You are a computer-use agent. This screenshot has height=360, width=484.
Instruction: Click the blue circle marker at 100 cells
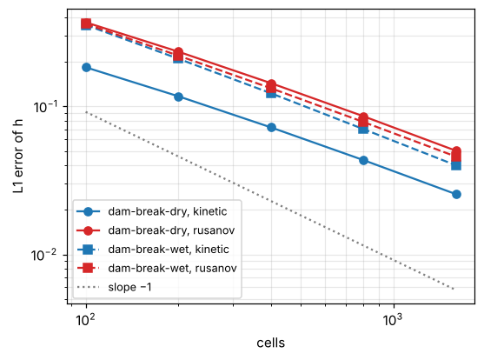click(x=86, y=67)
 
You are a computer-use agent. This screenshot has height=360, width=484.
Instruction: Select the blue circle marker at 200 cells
click(x=178, y=97)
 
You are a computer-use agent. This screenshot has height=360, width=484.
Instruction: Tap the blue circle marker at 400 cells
click(x=271, y=127)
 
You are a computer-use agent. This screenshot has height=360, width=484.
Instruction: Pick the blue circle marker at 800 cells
click(x=363, y=160)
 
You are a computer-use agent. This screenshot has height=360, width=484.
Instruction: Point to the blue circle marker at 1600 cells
click(x=456, y=195)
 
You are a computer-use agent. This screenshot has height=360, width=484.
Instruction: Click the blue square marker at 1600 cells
click(x=456, y=165)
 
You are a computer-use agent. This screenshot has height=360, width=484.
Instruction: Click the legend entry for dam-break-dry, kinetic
click(x=168, y=211)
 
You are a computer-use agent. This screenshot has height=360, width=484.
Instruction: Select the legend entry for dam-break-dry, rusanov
click(x=171, y=230)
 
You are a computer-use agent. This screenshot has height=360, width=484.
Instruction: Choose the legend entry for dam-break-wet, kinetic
click(x=169, y=250)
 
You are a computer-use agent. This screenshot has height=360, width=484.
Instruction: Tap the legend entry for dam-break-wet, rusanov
click(x=172, y=268)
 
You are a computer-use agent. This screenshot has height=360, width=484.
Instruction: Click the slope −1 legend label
click(x=129, y=287)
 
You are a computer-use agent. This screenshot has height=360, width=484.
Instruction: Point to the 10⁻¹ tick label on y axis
click(x=46, y=107)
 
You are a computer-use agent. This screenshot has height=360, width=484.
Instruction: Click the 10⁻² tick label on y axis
click(x=43, y=255)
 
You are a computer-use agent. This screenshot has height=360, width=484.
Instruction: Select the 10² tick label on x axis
click(x=86, y=319)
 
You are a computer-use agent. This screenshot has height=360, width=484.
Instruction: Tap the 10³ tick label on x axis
click(x=394, y=319)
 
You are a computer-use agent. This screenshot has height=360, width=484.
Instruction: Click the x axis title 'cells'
click(x=271, y=343)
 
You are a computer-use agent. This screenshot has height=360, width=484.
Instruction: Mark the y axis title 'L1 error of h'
click(x=18, y=157)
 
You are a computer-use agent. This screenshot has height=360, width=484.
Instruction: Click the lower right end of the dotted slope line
click(x=454, y=290)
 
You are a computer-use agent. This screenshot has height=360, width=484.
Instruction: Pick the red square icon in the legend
click(x=88, y=268)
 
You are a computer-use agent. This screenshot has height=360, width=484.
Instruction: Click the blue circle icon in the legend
click(x=88, y=211)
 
